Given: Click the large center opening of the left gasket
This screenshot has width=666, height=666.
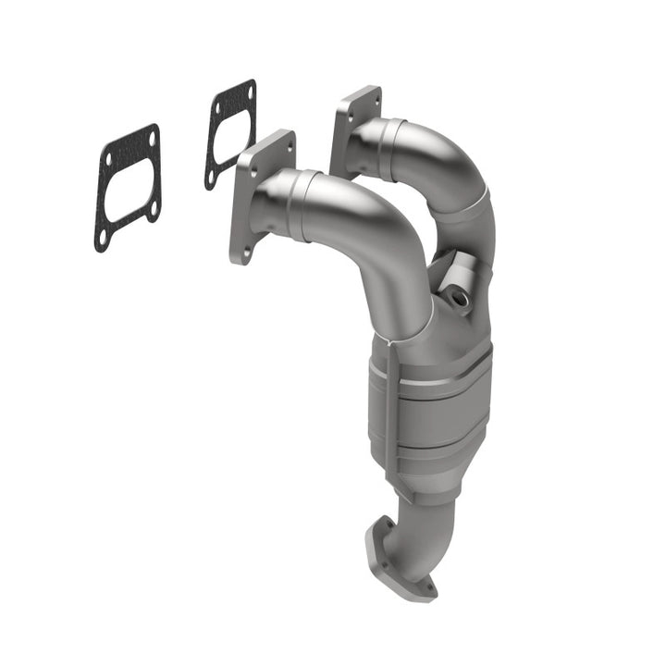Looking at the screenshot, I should pos(129,189).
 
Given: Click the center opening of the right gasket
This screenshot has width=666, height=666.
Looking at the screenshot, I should pos(229,134).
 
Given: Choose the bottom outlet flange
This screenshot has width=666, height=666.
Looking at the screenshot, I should pos(398,564).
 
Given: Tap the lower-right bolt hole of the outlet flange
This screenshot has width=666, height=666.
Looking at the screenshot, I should pos(427,585).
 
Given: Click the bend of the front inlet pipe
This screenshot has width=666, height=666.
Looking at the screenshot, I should pos(388,240).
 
